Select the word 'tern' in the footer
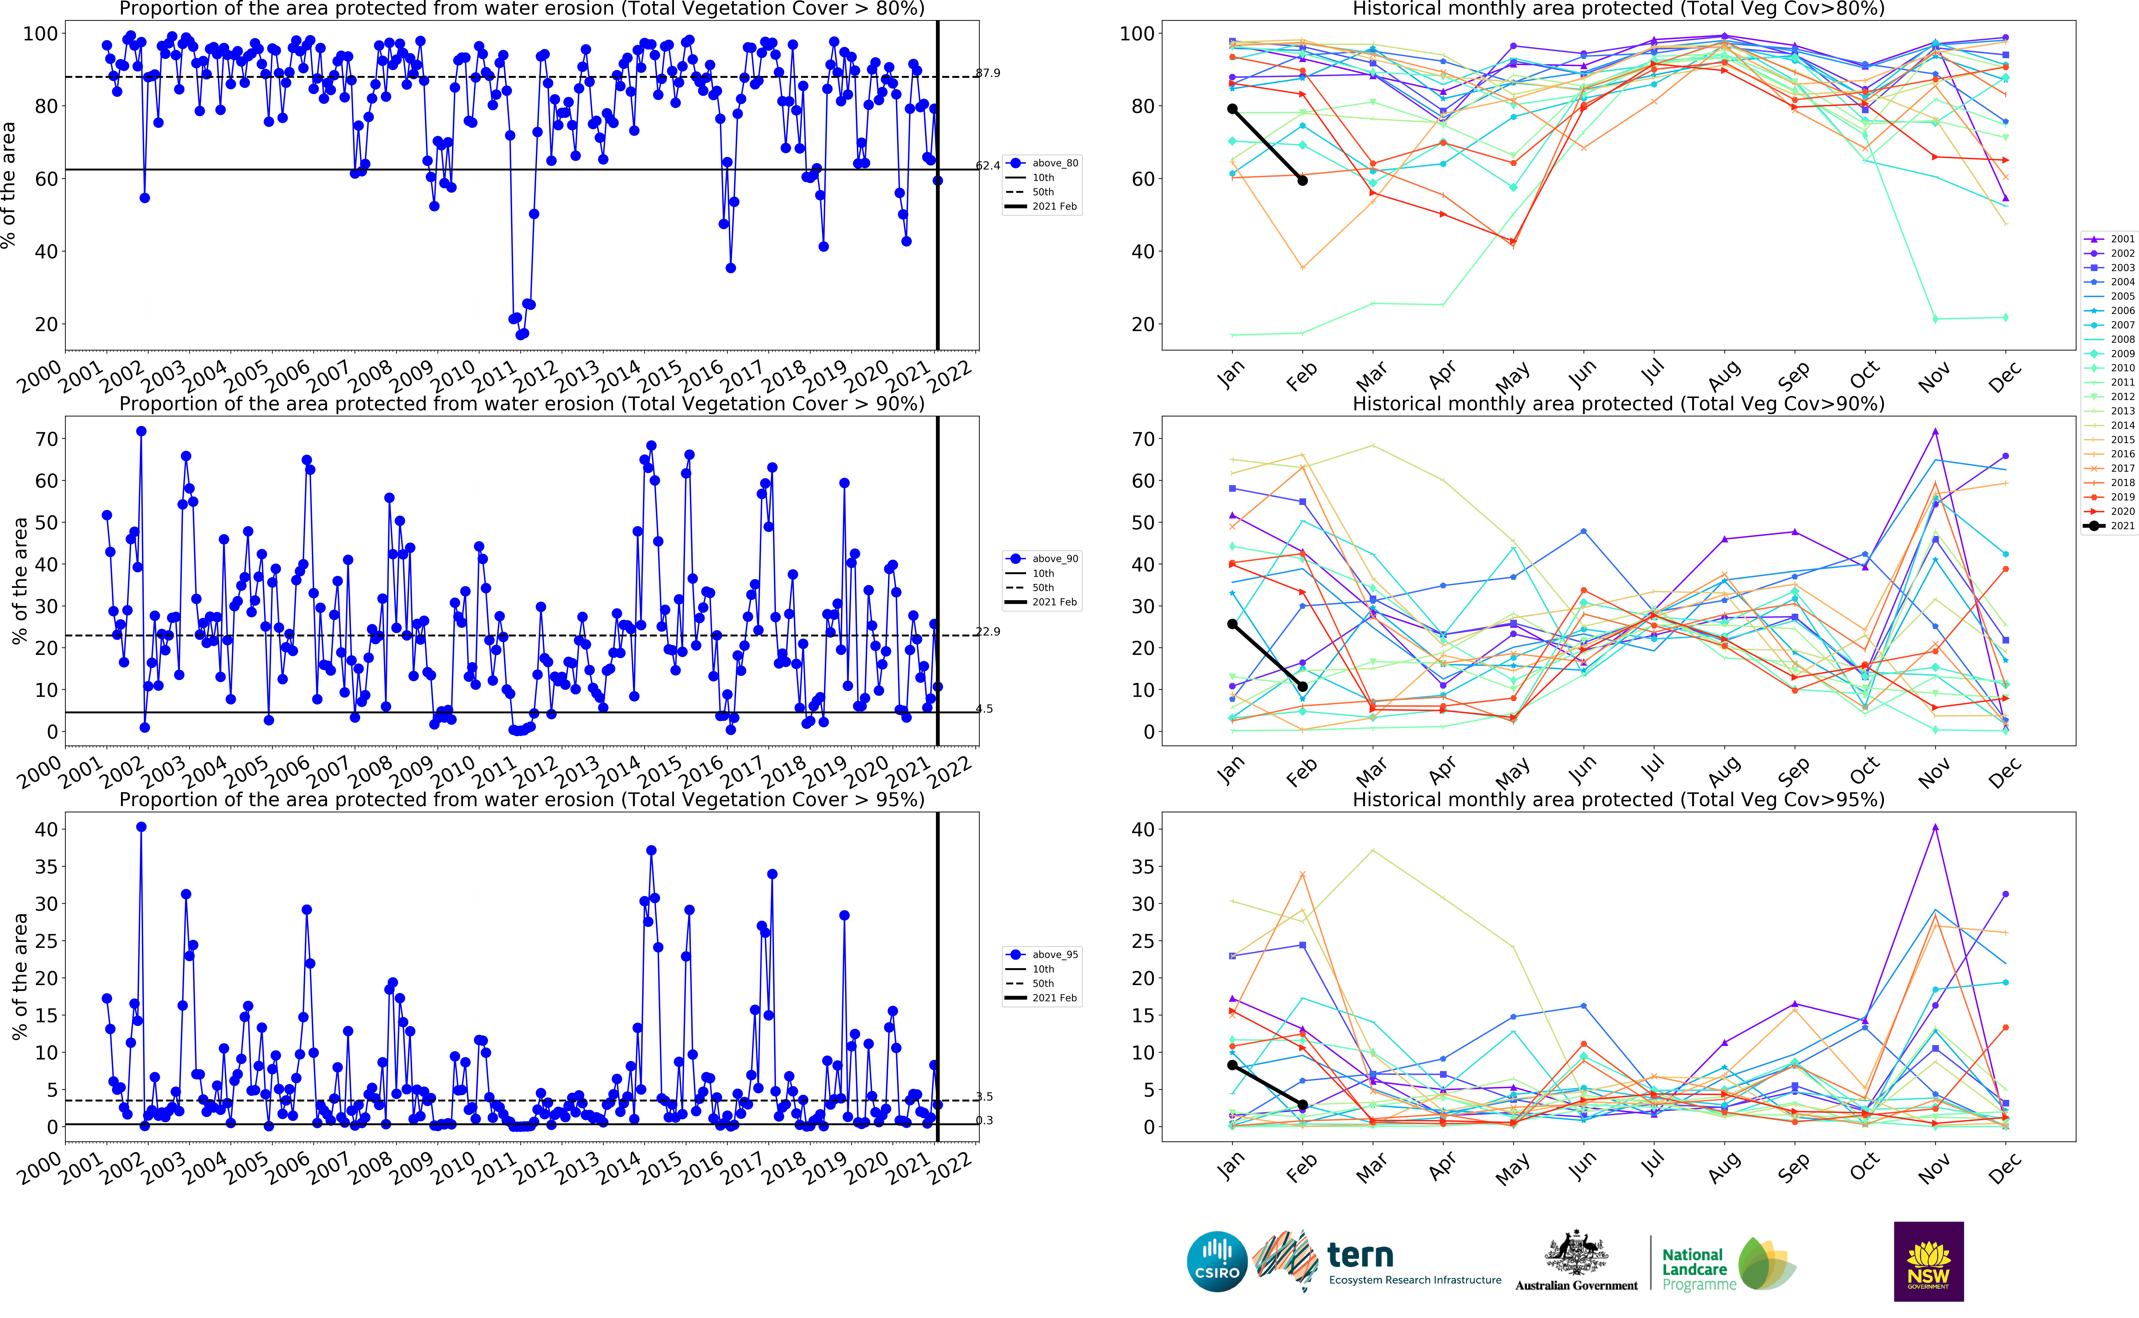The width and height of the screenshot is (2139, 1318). point(1360,1255)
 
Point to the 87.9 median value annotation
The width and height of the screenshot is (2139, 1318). point(987,73)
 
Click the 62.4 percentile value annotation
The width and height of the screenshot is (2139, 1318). point(987,166)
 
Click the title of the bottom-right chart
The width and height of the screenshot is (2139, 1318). point(1618,799)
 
